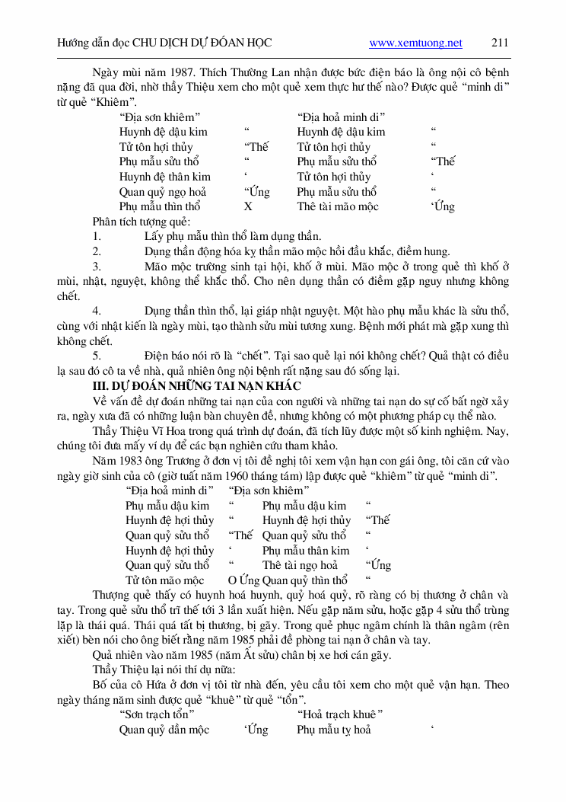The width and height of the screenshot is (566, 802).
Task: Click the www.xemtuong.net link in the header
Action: pyautogui.click(x=415, y=43)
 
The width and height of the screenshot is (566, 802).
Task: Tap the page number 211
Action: pyautogui.click(x=500, y=43)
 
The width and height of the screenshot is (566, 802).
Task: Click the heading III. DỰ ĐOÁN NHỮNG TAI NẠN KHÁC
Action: pyautogui.click(x=196, y=386)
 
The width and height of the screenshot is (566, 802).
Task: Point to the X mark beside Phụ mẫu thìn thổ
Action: pyautogui.click(x=248, y=206)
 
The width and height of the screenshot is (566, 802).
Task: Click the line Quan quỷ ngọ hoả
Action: pyautogui.click(x=163, y=192)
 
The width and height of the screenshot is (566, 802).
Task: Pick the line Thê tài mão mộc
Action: pyautogui.click(x=338, y=206)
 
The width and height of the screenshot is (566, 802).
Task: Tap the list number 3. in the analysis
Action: pyautogui.click(x=97, y=267)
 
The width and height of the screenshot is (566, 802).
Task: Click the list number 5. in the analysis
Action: pyautogui.click(x=97, y=356)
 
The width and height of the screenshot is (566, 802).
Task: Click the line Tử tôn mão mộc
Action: pyautogui.click(x=164, y=580)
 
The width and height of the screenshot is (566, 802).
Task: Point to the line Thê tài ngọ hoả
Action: pyautogui.click(x=300, y=565)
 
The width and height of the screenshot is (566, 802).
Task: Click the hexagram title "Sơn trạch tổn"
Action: pyautogui.click(x=157, y=714)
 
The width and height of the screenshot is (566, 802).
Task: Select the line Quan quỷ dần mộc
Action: pyautogui.click(x=164, y=730)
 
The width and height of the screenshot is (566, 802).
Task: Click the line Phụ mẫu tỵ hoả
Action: pyautogui.click(x=334, y=730)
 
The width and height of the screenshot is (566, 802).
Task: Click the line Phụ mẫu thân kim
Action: pyautogui.click(x=306, y=551)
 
